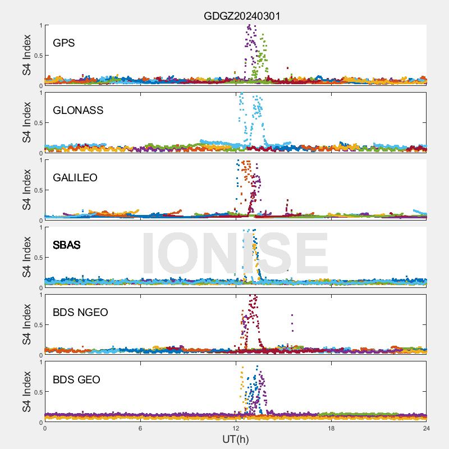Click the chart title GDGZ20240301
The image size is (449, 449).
pos(241,16)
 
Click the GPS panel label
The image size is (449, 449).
pos(64,43)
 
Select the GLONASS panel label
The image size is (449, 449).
pos(78,110)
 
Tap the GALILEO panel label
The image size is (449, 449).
pos(75,177)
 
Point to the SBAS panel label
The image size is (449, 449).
pos(66,245)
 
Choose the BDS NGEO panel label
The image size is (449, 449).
pos(80,312)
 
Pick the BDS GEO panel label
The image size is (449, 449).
pos(76,379)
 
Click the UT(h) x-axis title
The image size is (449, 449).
pos(236,438)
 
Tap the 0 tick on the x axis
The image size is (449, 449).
pos(45,428)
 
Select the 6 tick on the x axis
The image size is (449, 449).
pos(140,428)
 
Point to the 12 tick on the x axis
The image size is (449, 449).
pos(236,428)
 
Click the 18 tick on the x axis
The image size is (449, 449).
pos(331,428)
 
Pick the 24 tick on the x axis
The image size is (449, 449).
pos(426,428)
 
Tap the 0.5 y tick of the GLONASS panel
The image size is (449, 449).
pos(35,122)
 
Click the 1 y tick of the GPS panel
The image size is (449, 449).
pos(40,25)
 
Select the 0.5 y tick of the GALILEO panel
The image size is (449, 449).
pos(35,190)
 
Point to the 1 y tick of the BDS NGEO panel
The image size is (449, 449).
pos(40,295)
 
